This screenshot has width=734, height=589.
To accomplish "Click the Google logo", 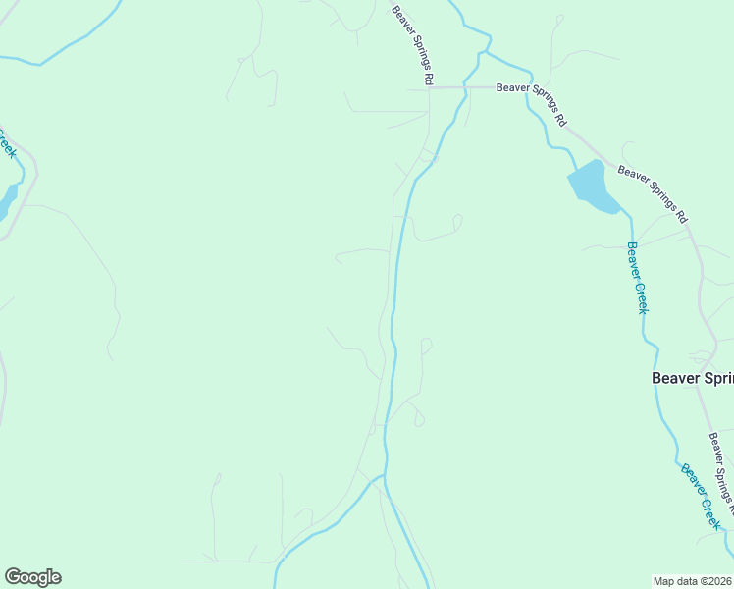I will click(x=32, y=577).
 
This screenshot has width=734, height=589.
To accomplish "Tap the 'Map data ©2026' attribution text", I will click(x=692, y=581).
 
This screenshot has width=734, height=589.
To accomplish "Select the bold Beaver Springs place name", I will click(x=693, y=378).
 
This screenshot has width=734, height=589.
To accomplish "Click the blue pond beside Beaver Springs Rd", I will click(x=592, y=186).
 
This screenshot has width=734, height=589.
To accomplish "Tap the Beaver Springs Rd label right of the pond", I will click(x=654, y=192).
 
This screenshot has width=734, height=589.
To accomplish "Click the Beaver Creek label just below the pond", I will click(x=638, y=277).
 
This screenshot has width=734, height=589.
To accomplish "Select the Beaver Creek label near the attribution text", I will click(x=702, y=497).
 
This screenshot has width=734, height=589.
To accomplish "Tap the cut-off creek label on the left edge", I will click(x=7, y=142).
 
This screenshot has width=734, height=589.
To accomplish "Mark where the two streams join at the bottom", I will click(x=384, y=478).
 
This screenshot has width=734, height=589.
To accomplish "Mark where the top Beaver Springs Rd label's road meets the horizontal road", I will click(x=430, y=87).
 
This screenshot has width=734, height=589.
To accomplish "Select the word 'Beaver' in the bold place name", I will click(x=676, y=378).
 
